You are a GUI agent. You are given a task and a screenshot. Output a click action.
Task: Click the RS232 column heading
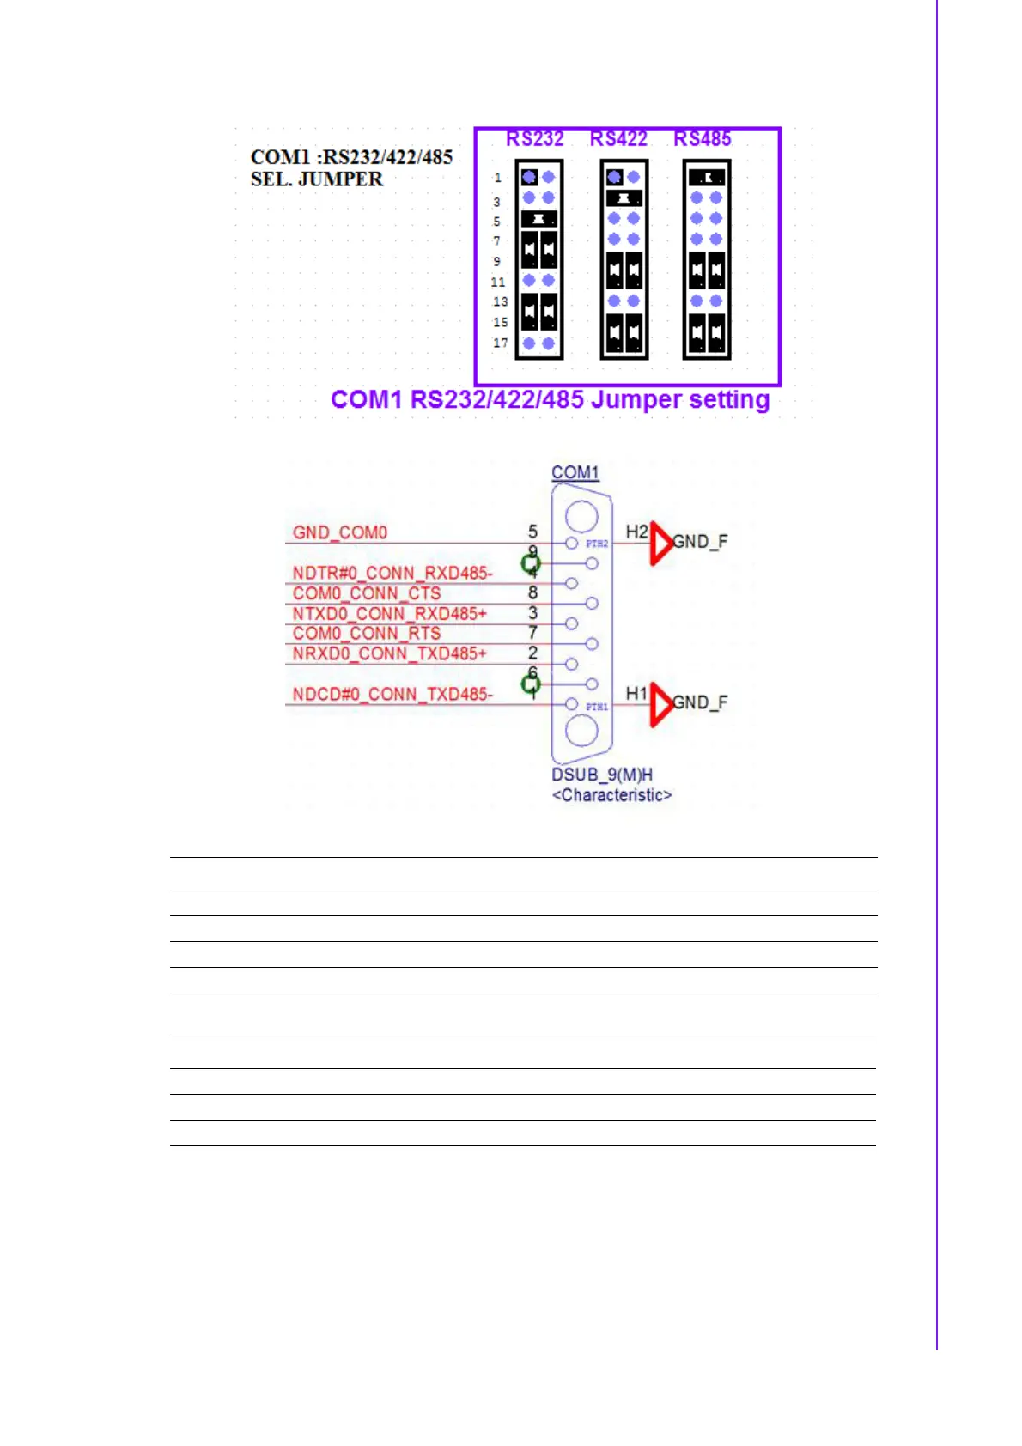(x=534, y=139)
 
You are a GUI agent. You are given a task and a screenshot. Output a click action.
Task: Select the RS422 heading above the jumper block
(x=618, y=139)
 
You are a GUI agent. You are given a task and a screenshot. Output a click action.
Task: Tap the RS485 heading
(x=702, y=139)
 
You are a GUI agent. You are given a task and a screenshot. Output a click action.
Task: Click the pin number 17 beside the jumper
(x=500, y=343)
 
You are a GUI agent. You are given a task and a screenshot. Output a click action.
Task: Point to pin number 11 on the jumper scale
(x=498, y=282)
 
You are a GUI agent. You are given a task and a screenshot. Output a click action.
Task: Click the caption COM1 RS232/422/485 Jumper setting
(x=550, y=400)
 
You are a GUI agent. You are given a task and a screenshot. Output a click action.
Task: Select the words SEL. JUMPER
(x=317, y=179)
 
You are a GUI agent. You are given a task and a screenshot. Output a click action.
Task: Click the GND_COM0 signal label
(x=340, y=532)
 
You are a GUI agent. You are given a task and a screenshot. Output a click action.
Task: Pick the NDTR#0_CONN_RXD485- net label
(x=392, y=573)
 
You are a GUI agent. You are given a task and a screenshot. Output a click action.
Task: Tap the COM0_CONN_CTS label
(x=367, y=593)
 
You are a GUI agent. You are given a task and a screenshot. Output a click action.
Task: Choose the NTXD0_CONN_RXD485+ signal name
(x=390, y=614)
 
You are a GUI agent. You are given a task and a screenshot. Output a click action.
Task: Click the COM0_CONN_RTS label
(x=367, y=634)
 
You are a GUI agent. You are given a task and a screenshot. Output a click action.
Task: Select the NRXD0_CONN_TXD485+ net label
(x=390, y=654)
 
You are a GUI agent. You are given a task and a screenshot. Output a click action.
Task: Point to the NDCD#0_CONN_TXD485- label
(x=392, y=694)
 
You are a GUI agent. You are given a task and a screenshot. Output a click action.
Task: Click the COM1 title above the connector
(x=575, y=472)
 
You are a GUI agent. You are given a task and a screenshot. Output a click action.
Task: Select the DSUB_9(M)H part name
(x=602, y=775)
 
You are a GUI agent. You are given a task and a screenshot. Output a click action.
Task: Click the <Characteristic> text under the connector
(x=611, y=795)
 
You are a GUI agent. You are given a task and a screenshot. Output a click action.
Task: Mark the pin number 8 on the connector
(x=532, y=592)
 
